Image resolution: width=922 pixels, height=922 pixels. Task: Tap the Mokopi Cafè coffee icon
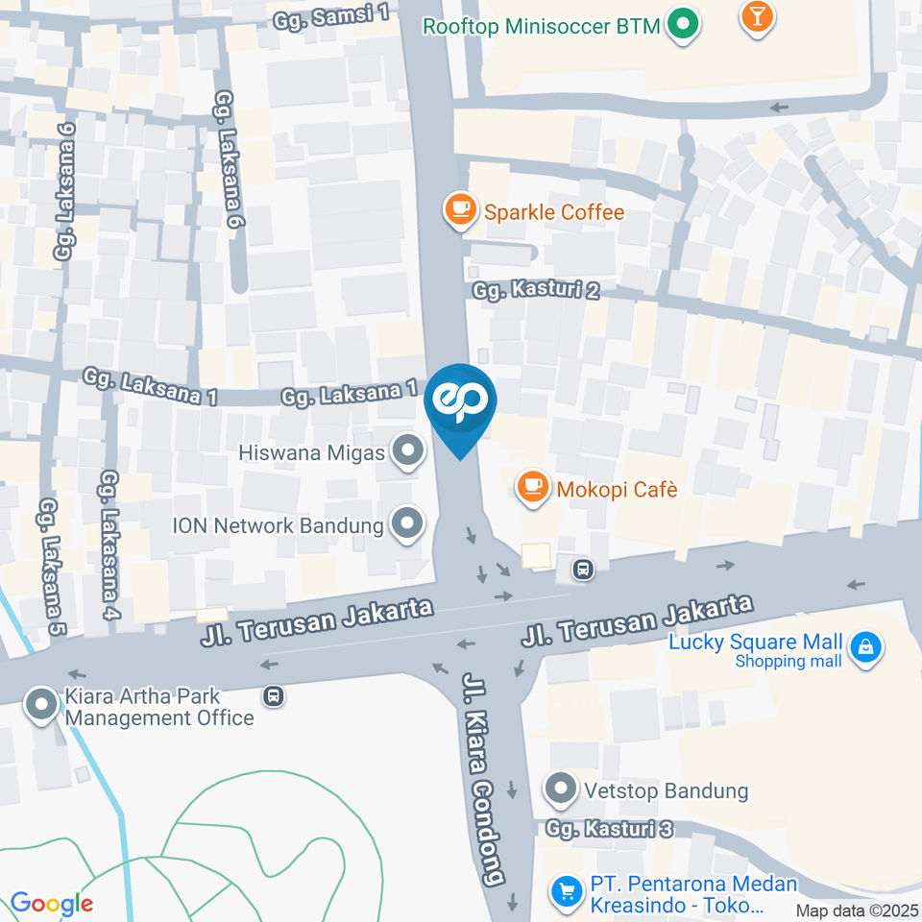tap(532, 488)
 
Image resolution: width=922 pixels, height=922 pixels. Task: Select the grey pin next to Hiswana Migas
tap(410, 450)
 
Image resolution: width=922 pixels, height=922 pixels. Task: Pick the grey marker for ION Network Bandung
tap(408, 524)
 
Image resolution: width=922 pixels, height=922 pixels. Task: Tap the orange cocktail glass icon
tap(758, 17)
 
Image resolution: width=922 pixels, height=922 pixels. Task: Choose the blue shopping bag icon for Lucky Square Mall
tap(866, 648)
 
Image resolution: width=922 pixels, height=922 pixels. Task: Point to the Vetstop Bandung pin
tap(560, 790)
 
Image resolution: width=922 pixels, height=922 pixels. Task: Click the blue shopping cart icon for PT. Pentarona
tap(567, 891)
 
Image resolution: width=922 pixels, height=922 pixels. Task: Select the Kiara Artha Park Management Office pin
tap(42, 706)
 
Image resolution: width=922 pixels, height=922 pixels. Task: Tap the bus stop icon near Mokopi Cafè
tap(582, 570)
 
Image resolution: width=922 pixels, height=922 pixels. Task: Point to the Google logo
tap(52, 904)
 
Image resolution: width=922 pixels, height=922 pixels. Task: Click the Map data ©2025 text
tap(857, 910)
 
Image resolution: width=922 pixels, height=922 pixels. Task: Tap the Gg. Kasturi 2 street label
tap(536, 289)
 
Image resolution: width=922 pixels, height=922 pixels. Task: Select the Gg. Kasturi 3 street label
tap(609, 828)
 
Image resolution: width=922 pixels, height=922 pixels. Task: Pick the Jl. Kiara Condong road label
tap(483, 779)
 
